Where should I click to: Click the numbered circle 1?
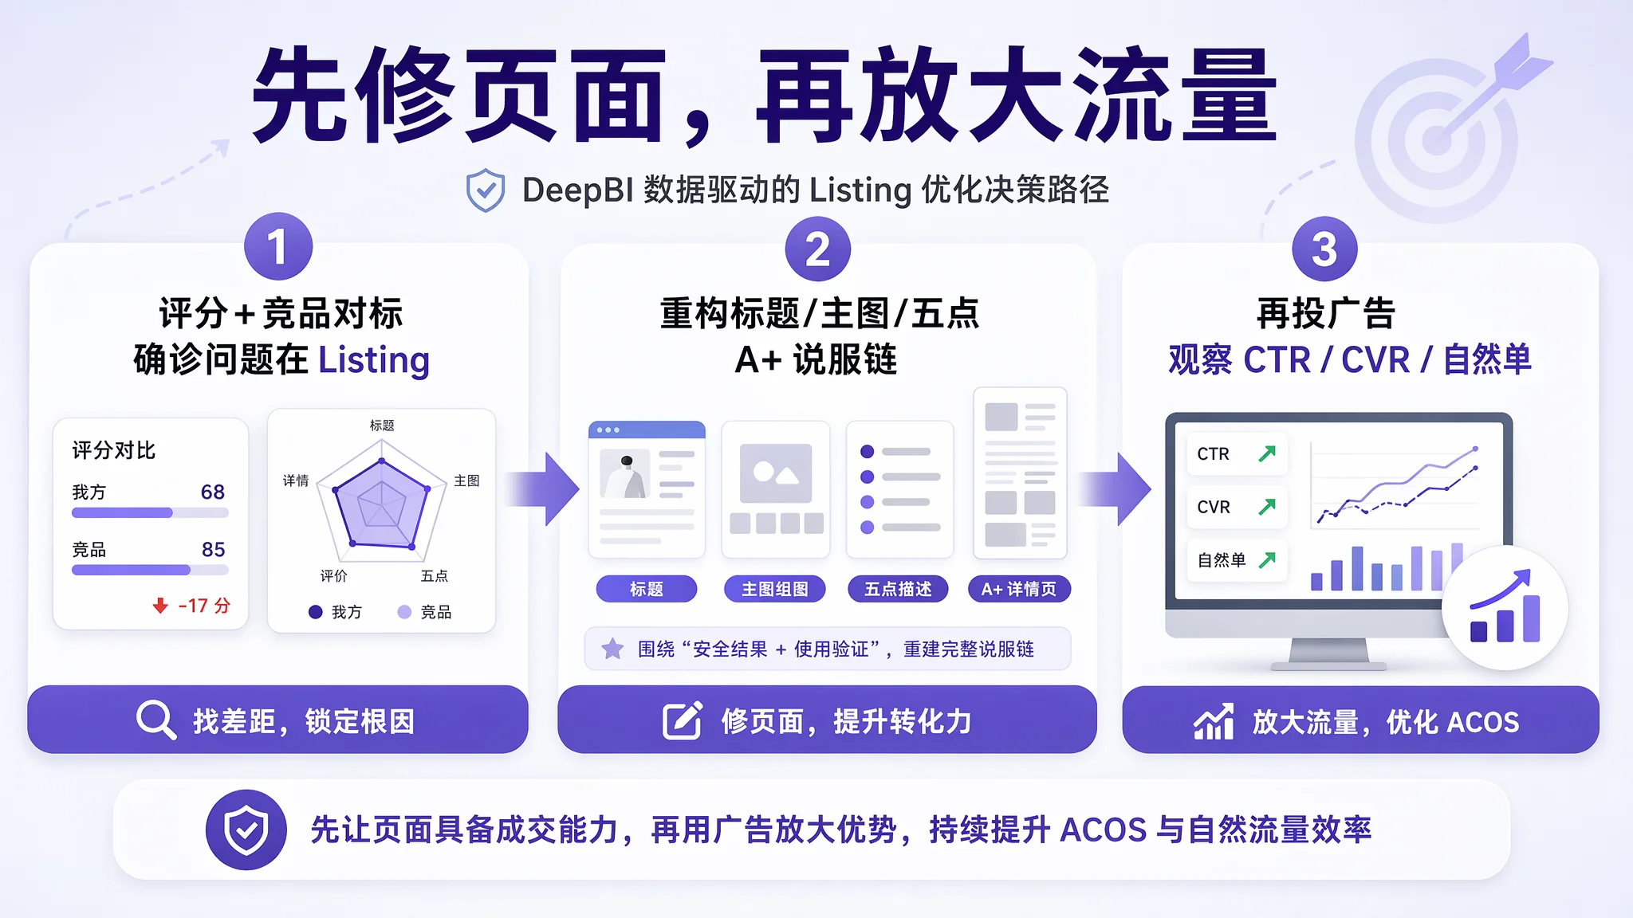coord(277,246)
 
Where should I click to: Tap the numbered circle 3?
coord(1324,249)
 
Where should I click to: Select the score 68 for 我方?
coord(213,492)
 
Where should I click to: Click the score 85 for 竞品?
coord(213,549)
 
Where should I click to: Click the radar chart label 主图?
coord(466,481)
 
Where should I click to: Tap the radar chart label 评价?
coord(333,575)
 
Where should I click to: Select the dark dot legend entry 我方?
coord(335,612)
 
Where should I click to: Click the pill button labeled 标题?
coord(647,589)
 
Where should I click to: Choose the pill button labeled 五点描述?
coord(898,589)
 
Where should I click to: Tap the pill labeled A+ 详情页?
coord(1019,589)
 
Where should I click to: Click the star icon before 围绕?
coord(612,649)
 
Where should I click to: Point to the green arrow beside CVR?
coord(1267,506)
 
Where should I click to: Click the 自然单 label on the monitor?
coord(1222,560)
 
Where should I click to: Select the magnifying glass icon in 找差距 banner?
coord(155,720)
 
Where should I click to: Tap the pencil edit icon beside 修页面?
coord(683,720)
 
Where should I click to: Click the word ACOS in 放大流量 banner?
coord(1482,722)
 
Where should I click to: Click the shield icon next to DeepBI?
coord(485,190)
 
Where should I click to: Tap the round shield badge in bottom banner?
coord(246,830)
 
